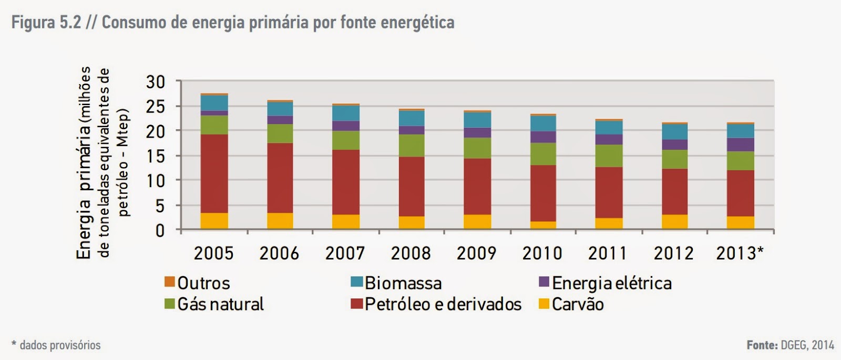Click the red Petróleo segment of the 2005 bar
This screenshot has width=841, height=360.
(x=214, y=173)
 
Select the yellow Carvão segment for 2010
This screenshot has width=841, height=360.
(x=543, y=225)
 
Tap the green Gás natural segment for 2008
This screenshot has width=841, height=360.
(x=412, y=146)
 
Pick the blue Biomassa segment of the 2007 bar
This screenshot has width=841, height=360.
(x=346, y=113)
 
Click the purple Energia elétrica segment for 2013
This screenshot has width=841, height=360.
(x=741, y=145)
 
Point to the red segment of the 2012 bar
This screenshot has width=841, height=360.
(x=674, y=191)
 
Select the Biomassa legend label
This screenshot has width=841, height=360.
(x=403, y=283)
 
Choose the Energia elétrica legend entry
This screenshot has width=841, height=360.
(x=611, y=283)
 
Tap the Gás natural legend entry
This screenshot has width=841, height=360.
(x=220, y=304)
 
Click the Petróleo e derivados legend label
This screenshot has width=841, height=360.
(x=443, y=304)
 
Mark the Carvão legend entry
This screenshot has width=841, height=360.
(x=578, y=304)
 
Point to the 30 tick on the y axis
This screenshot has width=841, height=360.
(x=156, y=82)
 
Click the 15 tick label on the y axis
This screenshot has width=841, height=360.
(x=156, y=156)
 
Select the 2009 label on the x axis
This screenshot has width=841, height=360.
(x=476, y=253)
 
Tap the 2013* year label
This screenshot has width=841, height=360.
(x=740, y=253)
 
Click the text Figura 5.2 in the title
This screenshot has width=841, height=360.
(x=46, y=23)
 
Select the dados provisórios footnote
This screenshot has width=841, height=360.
(x=60, y=345)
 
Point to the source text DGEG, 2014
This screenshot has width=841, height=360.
(x=807, y=345)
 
